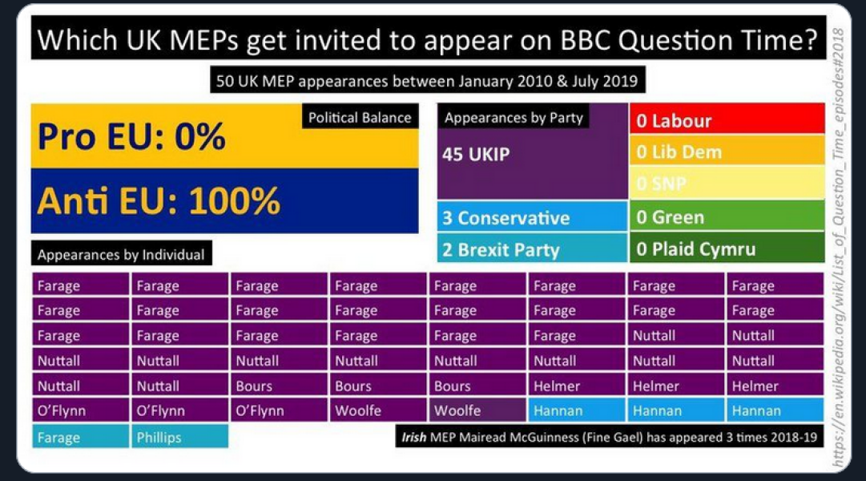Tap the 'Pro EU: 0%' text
[x=131, y=138]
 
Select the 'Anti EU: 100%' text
[x=159, y=200]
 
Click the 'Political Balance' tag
[x=360, y=118]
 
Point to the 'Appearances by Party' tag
[x=514, y=118]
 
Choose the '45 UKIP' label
[x=476, y=154]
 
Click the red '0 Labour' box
[x=727, y=121]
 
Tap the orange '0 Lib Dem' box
[x=727, y=152]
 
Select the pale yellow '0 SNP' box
[x=727, y=184]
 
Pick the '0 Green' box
[x=727, y=217]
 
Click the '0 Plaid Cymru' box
[x=727, y=249]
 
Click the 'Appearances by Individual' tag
[x=121, y=255]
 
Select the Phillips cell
[x=179, y=438]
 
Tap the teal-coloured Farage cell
[x=80, y=438]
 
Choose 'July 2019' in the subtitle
[x=610, y=81]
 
